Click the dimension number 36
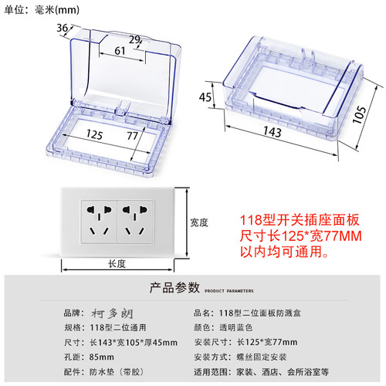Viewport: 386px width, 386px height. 63,28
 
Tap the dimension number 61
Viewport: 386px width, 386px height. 120,51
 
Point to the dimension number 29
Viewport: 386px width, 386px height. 134,39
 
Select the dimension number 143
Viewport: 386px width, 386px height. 273,132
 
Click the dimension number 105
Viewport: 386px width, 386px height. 359,114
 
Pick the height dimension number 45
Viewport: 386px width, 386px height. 205,97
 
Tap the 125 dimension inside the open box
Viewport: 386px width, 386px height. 94,134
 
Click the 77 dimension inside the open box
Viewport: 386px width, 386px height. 132,136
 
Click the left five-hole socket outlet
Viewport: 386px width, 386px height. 100,222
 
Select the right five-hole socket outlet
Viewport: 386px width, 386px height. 135,222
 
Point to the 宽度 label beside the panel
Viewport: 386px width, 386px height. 199,222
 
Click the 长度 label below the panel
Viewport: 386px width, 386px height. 117,264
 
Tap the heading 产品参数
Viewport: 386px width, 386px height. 174,287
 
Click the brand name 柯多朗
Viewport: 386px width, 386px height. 112,313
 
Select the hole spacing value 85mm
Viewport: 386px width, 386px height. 102,357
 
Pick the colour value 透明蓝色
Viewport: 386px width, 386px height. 236,327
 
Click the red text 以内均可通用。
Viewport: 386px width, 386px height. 284,252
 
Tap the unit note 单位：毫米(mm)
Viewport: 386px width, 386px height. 42,10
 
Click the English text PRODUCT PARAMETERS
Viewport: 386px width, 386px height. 229,291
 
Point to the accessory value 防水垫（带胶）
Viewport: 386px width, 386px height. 117,372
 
